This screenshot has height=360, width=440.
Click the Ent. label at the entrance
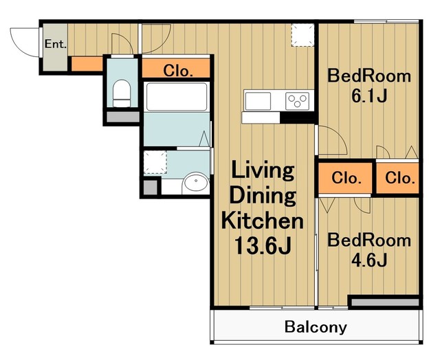55,44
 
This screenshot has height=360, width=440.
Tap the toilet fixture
122,93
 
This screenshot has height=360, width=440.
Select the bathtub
177,97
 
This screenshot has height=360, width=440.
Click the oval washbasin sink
195,183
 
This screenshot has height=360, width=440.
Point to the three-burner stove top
298,101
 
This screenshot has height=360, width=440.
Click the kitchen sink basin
258,101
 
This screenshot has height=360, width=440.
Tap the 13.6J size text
263,246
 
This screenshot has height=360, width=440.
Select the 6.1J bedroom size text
369,96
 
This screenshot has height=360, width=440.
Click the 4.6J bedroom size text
369,260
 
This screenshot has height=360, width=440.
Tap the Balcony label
316,327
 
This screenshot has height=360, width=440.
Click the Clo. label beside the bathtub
178,71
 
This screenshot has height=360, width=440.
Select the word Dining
263,196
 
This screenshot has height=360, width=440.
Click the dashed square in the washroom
155,162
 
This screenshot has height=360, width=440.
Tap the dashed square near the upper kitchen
302,35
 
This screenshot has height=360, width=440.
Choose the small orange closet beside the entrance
87,64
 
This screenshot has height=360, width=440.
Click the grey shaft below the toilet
123,117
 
